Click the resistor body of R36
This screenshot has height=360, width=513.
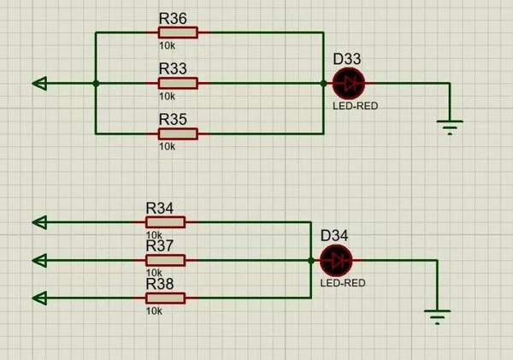tap(178, 32)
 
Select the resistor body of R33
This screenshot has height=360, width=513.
tap(178, 83)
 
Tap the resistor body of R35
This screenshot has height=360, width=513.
tap(178, 133)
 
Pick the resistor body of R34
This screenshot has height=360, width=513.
tap(165, 222)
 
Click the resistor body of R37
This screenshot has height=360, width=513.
tap(165, 260)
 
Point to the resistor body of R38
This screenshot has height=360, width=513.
tap(165, 298)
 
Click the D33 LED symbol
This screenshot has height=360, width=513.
tap(348, 83)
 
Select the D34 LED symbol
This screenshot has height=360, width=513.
tap(335, 260)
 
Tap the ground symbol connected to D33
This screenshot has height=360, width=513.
tap(449, 127)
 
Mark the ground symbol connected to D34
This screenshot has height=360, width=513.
tap(437, 316)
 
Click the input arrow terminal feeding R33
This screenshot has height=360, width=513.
tap(39, 83)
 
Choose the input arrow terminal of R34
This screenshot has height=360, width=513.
tap(39, 222)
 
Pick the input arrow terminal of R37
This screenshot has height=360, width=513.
tap(39, 260)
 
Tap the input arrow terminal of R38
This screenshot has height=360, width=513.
tap(39, 298)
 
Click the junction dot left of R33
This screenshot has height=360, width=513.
tap(96, 83)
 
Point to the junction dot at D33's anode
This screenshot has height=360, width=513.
tap(324, 83)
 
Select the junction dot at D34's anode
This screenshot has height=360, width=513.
tap(311, 260)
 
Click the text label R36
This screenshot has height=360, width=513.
tap(173, 17)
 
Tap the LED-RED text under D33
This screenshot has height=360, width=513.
tap(355, 106)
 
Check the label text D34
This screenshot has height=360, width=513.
tap(334, 235)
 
